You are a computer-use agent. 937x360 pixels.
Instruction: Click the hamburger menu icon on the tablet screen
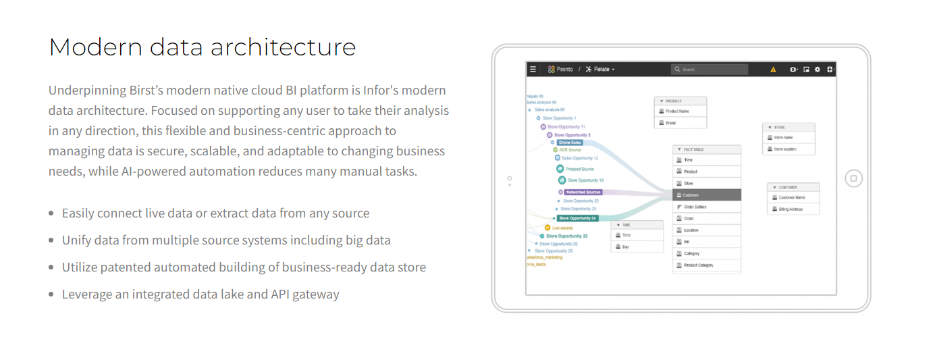pos(533,69)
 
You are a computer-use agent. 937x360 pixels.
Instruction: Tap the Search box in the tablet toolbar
pos(710,69)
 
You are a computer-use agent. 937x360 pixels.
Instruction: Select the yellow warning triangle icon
pos(773,69)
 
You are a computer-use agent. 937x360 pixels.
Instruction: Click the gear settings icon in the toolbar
pos(818,69)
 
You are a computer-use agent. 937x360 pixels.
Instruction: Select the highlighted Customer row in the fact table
pos(707,195)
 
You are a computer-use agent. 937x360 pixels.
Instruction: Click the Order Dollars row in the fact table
pos(707,207)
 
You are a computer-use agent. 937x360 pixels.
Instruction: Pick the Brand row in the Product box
pos(680,123)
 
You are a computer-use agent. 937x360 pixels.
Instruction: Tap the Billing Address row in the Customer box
pos(794,209)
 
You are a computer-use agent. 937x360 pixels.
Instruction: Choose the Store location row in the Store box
pos(788,149)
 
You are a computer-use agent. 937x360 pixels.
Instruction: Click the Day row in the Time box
pos(637,247)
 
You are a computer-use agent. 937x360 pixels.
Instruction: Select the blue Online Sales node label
pos(570,143)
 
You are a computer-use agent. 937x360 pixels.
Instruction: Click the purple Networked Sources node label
pos(583,192)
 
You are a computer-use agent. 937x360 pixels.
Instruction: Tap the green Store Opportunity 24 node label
pos(577,218)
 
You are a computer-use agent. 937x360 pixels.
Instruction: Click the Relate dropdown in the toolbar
pos(600,69)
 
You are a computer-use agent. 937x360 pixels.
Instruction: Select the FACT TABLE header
pos(707,149)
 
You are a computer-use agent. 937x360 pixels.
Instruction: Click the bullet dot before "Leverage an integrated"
pos(51,294)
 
